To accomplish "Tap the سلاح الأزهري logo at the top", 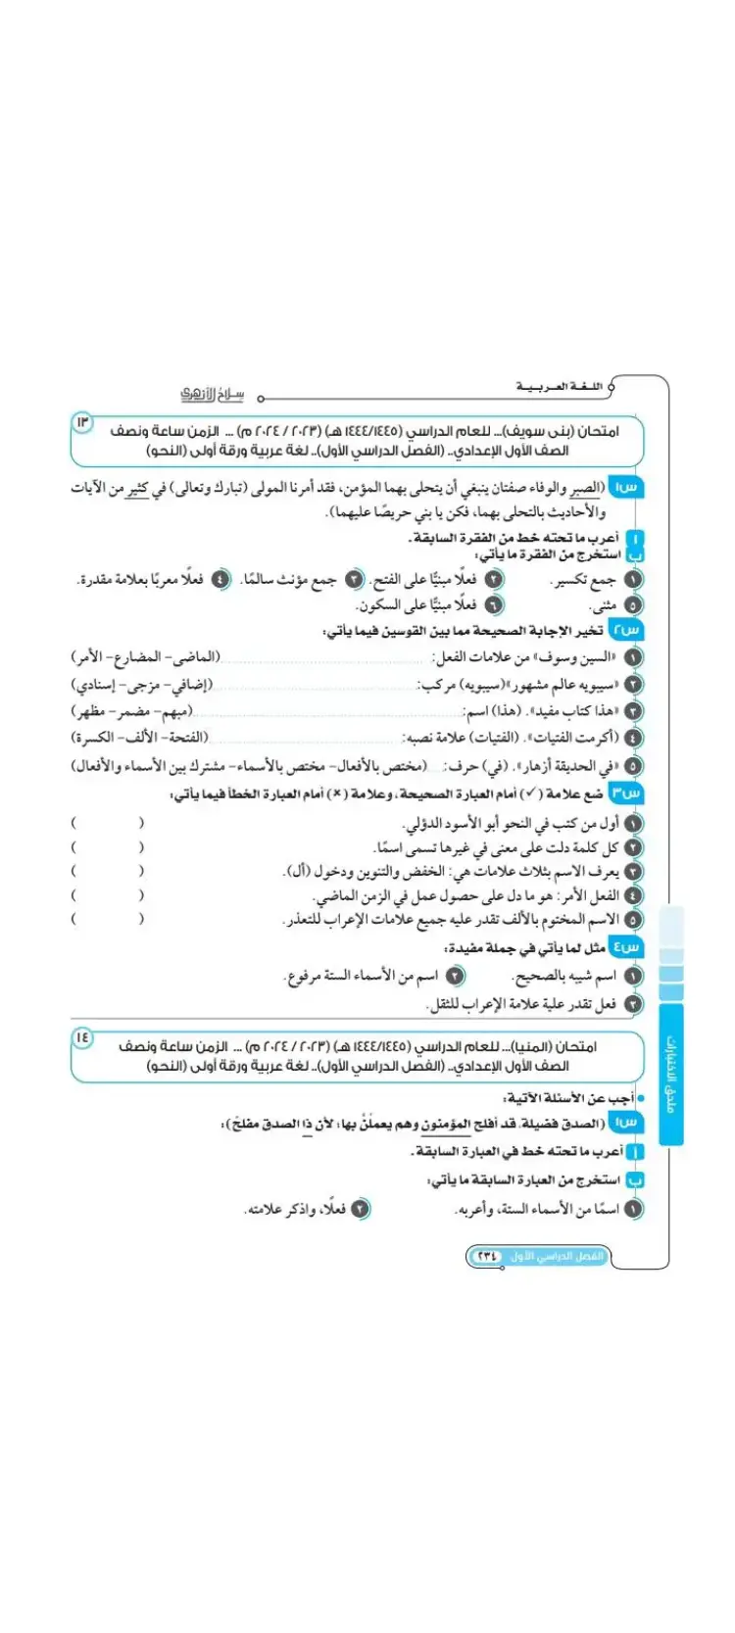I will (212, 395).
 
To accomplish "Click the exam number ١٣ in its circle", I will (81, 422).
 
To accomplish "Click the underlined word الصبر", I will (585, 489).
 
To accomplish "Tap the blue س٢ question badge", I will (626, 630).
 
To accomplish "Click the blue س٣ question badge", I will (626, 792).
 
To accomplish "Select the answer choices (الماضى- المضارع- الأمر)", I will (146, 657).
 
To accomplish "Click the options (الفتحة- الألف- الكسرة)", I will (140, 737).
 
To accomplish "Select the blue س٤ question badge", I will (626, 947).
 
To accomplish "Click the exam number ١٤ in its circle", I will (81, 1036).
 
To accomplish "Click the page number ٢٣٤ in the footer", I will (487, 1256).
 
